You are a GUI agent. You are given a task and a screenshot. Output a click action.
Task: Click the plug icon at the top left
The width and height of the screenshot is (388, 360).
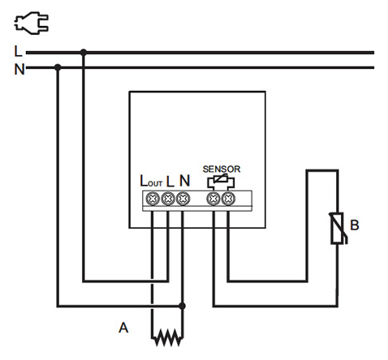31,23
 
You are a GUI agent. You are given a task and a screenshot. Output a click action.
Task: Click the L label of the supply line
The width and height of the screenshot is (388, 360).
18,51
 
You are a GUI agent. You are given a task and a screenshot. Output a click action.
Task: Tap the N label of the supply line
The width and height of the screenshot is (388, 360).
19,69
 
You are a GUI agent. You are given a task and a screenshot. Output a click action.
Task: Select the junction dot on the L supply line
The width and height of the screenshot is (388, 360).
84,53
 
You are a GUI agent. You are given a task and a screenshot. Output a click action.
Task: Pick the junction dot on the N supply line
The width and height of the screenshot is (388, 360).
58,67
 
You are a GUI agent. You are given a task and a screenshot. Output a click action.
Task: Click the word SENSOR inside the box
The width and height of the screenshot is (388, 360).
222,169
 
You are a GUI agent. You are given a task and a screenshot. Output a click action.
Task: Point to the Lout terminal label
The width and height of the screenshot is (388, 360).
151,181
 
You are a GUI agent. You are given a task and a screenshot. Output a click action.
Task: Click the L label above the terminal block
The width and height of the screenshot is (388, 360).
170,182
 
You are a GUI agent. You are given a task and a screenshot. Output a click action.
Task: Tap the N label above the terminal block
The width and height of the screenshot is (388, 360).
184,181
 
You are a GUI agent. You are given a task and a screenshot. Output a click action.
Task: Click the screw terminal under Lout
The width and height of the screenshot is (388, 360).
153,199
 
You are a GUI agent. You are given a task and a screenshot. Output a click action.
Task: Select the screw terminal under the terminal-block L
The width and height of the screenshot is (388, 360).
168,199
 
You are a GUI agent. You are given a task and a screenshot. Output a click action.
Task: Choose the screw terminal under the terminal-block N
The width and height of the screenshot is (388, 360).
183,199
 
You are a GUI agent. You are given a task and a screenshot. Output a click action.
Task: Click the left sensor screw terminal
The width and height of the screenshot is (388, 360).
213,199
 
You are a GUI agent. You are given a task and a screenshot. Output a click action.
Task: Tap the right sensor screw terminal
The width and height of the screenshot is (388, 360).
228,199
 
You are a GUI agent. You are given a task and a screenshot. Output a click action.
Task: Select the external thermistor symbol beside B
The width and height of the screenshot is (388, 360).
338,229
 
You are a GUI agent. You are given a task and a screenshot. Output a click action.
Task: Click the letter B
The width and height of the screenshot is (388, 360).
355,225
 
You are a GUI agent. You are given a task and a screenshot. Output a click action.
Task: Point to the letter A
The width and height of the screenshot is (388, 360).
123,328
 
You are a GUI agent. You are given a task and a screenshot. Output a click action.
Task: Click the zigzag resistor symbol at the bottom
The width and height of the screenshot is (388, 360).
167,337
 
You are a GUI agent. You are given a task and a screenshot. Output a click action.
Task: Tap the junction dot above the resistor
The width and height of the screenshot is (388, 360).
182,306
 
